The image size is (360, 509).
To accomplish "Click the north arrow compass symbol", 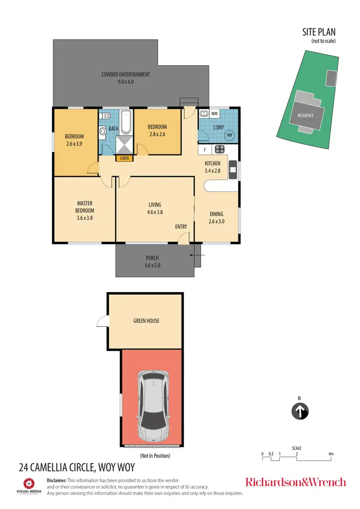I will (x=300, y=411).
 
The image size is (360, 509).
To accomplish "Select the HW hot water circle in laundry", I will (x=230, y=136).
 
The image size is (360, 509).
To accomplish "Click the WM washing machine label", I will (x=215, y=114).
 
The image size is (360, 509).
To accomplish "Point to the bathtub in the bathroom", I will (x=126, y=122).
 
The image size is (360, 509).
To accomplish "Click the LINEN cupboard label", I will (x=124, y=158).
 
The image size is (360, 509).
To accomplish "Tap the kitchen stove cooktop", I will (x=220, y=149).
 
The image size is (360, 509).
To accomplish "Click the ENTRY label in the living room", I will (x=181, y=226).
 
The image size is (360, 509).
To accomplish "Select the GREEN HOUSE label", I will (x=146, y=321).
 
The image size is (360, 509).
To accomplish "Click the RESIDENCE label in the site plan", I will (x=305, y=116).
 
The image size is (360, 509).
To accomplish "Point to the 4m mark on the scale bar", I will (x=331, y=454).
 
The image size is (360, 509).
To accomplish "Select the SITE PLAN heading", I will (x=319, y=32).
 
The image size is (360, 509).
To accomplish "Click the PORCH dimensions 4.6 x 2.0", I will (x=152, y=265).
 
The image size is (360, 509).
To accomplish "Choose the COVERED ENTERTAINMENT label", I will (x=126, y=74).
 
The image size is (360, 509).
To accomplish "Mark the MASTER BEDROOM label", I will (x=85, y=207).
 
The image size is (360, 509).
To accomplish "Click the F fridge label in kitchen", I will (x=205, y=149).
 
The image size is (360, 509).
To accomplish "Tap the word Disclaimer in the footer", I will (x=57, y=480).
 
